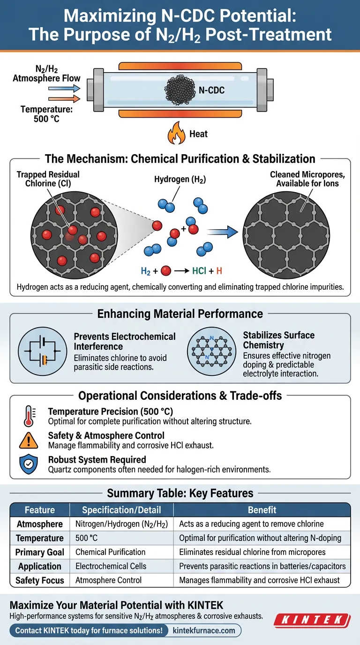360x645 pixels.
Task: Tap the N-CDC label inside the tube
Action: click(211, 90)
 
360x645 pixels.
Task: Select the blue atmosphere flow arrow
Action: click(64, 88)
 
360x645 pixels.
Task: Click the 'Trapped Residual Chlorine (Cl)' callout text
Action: click(48, 179)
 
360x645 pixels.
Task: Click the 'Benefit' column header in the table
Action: click(262, 510)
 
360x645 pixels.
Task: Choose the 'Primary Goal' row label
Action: click(40, 552)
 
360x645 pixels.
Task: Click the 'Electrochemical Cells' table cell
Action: click(111, 566)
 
